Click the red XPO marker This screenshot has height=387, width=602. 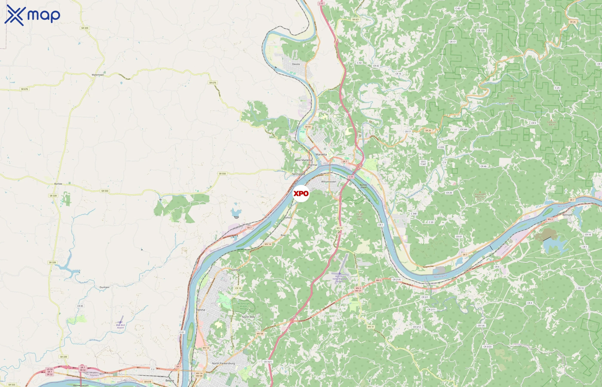click(301, 193)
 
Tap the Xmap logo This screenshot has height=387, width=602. click(32, 15)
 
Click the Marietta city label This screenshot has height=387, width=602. click(321, 155)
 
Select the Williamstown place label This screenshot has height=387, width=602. click(328, 182)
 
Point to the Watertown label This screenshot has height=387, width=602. click(98, 75)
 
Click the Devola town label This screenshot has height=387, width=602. click(296, 64)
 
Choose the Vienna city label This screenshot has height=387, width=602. click(200, 310)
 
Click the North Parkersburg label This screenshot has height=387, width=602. click(223, 363)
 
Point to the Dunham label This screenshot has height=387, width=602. click(104, 287)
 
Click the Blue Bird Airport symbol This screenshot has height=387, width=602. click(121, 322)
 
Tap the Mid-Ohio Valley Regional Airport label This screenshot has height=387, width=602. click(339, 279)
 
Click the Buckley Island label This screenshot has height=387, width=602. click(363, 186)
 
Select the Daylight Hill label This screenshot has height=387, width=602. click(511, 100)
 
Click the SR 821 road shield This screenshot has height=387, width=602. click(356, 20)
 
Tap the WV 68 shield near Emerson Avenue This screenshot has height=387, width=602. click(260, 334)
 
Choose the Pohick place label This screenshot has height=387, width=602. click(288, 218)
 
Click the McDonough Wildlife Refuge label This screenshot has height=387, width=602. click(243, 306)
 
